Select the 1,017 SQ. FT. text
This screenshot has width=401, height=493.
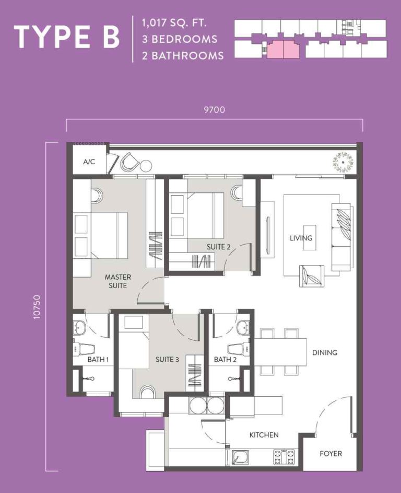[173, 22]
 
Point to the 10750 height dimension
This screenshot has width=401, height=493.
[36, 307]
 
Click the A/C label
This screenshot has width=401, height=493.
[89, 162]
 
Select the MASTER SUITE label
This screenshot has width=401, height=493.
[118, 281]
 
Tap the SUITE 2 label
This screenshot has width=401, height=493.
[218, 247]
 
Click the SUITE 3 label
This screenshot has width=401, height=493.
[168, 359]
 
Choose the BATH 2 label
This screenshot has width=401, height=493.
[225, 360]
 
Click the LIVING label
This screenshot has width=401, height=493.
[301, 238]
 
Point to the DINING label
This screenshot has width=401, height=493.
[325, 352]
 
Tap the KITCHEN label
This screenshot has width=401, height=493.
[264, 434]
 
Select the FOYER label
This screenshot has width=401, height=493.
[331, 453]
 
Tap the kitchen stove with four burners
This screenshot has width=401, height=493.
[284, 456]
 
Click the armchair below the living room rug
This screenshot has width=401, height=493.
[311, 276]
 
